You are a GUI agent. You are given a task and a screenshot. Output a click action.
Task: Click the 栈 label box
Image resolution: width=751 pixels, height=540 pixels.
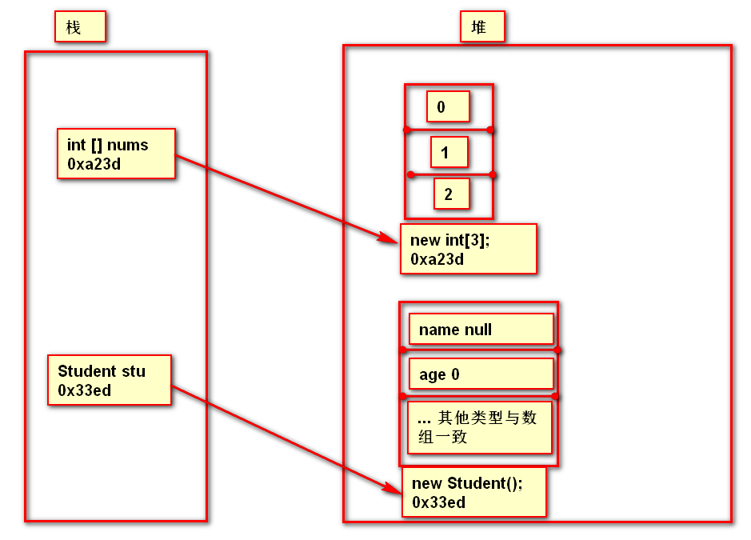(80, 27)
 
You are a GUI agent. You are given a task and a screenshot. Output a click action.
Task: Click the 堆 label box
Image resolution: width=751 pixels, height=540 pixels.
(483, 27)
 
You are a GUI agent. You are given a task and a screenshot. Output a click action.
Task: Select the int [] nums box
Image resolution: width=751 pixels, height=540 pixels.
(116, 154)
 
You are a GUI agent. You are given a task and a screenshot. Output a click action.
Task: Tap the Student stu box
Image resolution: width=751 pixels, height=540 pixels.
(110, 380)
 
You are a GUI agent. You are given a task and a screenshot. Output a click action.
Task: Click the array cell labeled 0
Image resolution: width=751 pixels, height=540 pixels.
(447, 106)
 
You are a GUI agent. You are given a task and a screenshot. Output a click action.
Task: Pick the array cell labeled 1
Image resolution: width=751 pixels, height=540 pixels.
(449, 152)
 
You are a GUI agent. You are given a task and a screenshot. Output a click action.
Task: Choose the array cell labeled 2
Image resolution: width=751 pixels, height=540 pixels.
(450, 194)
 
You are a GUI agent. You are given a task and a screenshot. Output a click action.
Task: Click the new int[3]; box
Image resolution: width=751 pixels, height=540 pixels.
(468, 249)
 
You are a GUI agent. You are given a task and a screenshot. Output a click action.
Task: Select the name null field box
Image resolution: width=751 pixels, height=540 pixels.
(481, 329)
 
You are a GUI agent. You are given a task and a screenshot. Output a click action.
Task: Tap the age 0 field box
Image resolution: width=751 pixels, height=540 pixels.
(481, 374)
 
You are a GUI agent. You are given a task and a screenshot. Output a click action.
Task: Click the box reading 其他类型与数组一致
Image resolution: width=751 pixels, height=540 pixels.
(480, 427)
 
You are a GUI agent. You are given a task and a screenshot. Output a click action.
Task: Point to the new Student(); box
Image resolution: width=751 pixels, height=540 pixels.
(474, 492)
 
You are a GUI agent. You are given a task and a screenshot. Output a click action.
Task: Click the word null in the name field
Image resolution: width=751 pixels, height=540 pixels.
(477, 330)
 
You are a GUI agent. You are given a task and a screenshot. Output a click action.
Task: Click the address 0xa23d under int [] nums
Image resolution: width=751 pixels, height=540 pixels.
(94, 164)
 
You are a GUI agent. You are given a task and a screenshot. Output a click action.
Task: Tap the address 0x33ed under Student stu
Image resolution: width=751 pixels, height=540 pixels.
(85, 390)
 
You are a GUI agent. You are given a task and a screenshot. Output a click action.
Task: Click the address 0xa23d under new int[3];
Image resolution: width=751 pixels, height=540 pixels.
(437, 259)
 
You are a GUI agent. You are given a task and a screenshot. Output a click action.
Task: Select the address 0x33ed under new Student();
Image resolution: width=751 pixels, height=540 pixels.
(439, 502)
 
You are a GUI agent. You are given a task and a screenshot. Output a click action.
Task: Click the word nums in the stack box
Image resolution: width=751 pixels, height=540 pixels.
(128, 145)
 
